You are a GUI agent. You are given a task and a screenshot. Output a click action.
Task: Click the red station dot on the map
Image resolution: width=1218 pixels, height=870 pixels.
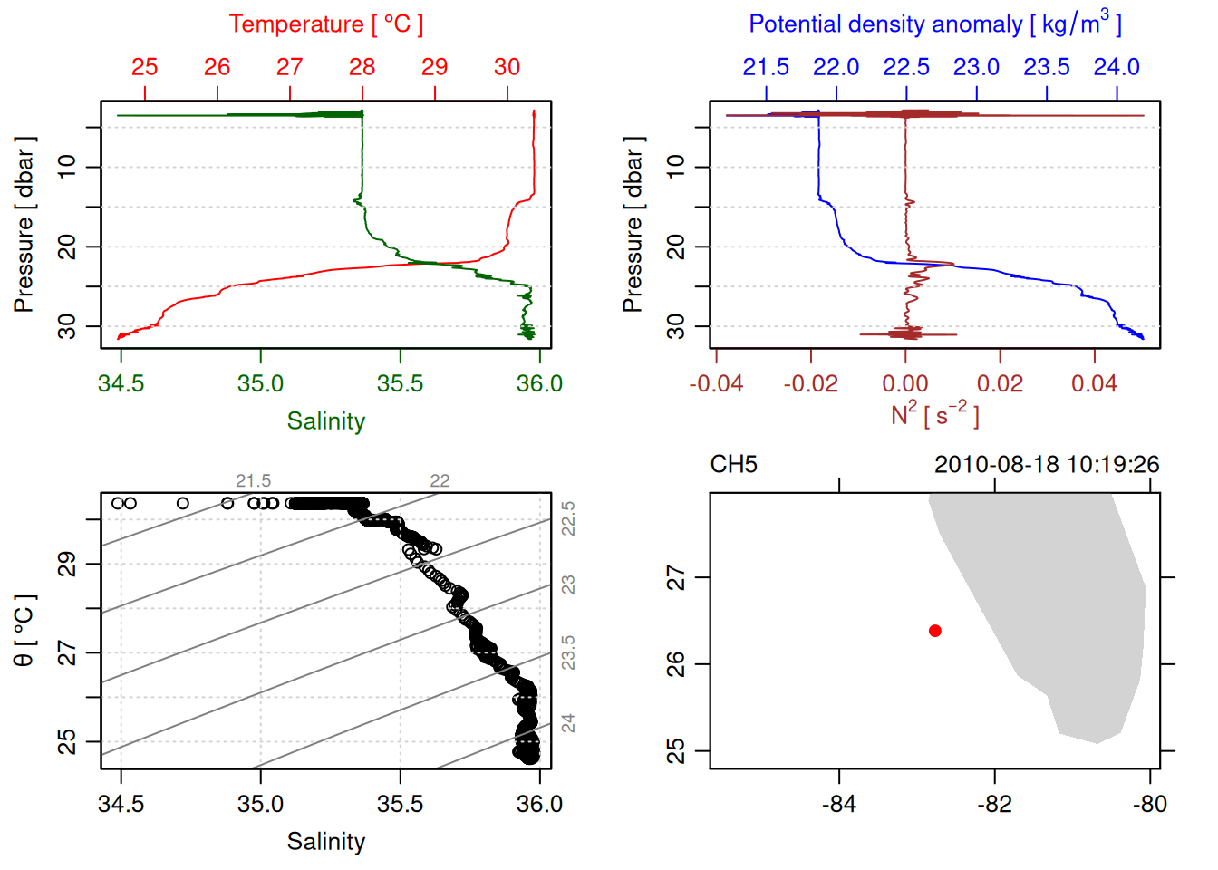(x=934, y=631)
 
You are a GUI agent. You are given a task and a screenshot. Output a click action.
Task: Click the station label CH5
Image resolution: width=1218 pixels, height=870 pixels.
(x=733, y=465)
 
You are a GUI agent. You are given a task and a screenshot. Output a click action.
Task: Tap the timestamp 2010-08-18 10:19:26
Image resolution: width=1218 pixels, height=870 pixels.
(x=1046, y=465)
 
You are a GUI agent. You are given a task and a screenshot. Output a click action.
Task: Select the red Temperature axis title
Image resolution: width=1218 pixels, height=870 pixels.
(x=325, y=24)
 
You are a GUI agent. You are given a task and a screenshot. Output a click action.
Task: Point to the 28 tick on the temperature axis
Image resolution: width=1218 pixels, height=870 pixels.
(x=362, y=67)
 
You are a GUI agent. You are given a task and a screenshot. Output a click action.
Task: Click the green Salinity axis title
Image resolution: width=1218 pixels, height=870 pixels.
(x=325, y=421)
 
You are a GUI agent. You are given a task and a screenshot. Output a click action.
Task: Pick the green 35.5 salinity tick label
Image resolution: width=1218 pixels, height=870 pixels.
(x=400, y=384)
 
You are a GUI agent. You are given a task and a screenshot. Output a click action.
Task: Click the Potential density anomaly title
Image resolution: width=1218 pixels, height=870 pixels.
(x=934, y=24)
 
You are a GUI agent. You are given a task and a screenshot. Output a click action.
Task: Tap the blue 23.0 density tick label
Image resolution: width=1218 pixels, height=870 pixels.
(x=976, y=67)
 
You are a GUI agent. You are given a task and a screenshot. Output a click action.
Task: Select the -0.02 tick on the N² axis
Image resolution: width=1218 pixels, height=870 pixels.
(x=810, y=384)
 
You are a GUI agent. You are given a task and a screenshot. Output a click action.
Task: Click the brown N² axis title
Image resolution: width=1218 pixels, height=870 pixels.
(x=934, y=415)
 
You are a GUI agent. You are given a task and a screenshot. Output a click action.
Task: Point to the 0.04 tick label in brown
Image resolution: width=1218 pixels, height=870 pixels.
(x=1094, y=384)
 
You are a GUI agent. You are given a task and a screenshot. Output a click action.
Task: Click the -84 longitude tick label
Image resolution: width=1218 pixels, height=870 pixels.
(x=839, y=805)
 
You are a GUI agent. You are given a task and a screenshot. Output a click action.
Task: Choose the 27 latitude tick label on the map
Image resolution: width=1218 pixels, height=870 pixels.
(x=676, y=577)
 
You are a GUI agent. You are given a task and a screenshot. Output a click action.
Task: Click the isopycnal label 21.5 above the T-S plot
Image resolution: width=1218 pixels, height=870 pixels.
(x=253, y=481)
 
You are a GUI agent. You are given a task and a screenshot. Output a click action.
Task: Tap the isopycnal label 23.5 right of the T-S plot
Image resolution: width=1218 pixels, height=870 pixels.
(x=568, y=652)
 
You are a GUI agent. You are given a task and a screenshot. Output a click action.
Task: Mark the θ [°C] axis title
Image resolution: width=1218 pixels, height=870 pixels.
(x=24, y=631)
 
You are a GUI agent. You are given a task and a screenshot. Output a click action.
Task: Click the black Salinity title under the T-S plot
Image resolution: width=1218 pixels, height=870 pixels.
(x=325, y=842)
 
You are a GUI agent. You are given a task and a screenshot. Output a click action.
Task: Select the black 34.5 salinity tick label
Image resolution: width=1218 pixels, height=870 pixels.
(x=121, y=805)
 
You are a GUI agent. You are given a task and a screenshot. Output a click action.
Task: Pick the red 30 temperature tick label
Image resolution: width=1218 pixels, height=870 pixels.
(x=507, y=67)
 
